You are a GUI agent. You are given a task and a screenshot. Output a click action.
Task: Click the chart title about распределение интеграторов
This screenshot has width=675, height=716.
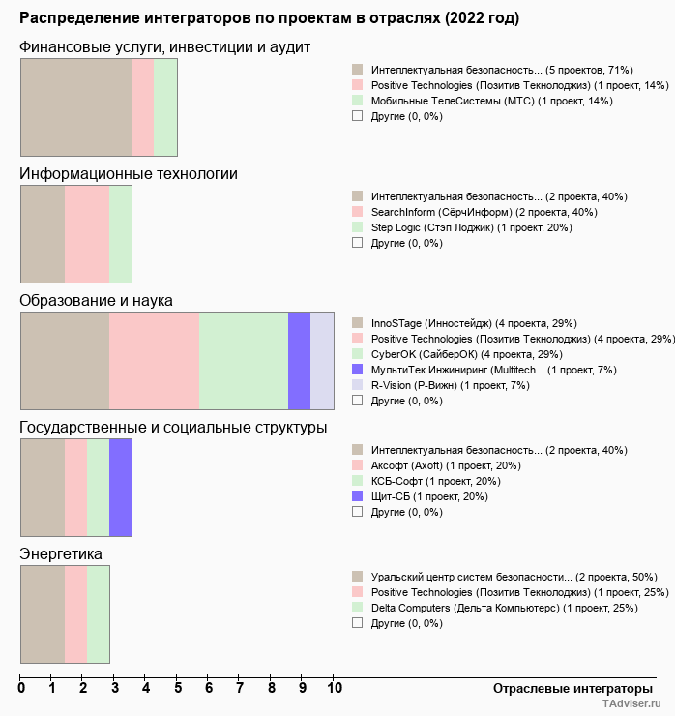[x=269, y=18]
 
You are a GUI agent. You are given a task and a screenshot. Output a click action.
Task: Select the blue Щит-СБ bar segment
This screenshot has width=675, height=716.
[x=120, y=488]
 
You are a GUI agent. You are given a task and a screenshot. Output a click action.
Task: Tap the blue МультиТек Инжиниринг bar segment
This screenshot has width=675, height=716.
[x=299, y=361]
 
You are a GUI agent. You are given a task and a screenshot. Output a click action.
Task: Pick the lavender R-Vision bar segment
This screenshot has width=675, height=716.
[x=322, y=361]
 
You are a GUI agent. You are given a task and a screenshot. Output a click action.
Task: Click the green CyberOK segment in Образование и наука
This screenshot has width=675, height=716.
[x=244, y=361]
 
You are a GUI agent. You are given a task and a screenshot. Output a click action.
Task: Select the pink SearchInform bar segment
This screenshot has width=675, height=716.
[x=87, y=234]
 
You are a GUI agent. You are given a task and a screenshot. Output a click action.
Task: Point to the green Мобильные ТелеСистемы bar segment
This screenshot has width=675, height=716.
[x=165, y=106]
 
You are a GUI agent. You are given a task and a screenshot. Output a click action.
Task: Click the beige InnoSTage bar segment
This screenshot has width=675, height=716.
[x=65, y=361]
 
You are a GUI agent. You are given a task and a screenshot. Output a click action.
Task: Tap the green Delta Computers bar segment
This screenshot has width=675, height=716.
[x=98, y=614]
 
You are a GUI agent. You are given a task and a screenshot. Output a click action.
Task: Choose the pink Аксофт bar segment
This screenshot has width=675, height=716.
[x=75, y=488]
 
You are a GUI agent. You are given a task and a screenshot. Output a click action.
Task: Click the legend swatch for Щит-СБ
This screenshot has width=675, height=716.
[x=358, y=496]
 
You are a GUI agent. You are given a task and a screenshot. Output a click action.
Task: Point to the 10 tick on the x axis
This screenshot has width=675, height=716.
[x=335, y=689]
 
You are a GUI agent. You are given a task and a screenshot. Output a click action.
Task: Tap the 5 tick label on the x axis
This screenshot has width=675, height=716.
[x=177, y=689]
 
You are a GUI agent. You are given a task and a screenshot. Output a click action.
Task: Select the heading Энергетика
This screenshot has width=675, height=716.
[x=62, y=554]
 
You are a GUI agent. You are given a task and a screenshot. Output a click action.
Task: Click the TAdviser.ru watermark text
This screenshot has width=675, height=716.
[x=632, y=705]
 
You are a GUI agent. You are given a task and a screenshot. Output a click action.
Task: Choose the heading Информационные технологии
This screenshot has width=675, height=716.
[x=129, y=174]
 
